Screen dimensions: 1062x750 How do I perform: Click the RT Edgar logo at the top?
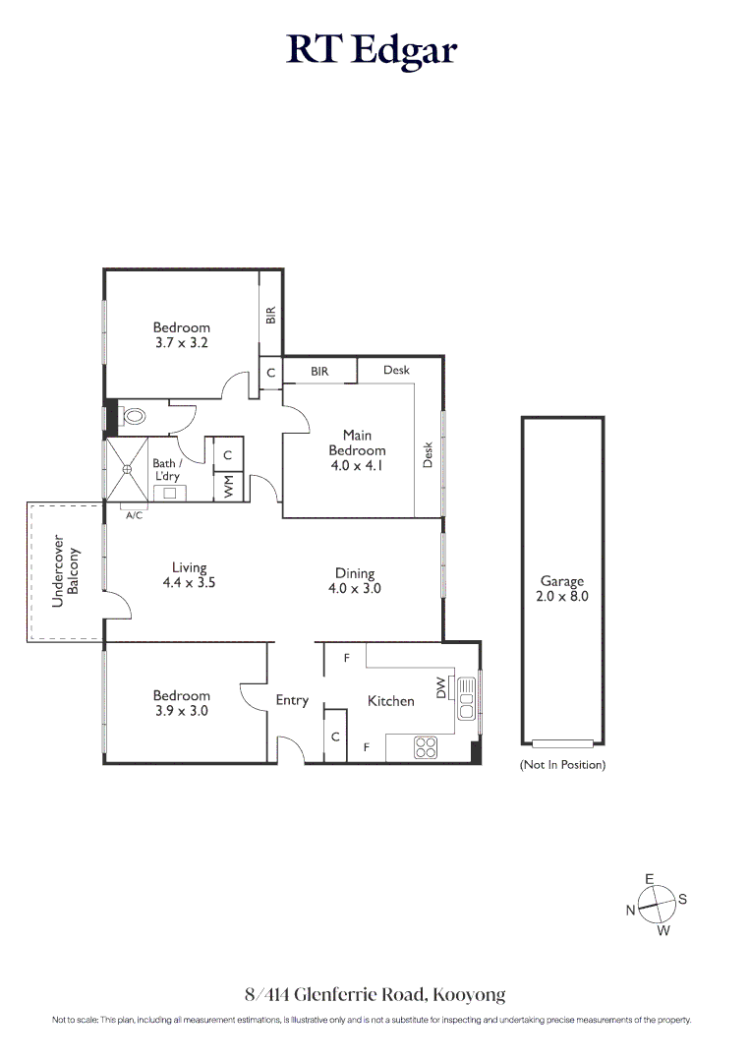373,49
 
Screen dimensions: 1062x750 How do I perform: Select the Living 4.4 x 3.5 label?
189,574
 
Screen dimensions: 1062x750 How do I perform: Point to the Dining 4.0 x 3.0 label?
354,580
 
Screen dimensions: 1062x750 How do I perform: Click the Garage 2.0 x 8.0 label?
562,588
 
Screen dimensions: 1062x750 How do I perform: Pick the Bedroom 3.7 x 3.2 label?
181,335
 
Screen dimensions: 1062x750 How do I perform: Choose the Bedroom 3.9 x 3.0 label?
181,703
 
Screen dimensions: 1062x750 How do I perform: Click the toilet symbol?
133,416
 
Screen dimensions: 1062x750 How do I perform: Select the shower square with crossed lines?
126,469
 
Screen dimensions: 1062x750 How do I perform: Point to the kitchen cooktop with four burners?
426,747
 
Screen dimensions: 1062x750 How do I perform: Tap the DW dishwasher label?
440,688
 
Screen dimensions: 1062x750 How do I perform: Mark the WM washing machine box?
228,486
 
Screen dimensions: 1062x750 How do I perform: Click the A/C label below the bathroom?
135,513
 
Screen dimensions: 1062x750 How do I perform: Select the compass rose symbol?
656,903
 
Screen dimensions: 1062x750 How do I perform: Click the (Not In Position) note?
562,764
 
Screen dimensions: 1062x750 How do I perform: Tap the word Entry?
292,700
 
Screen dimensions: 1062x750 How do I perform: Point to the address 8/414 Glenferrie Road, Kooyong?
375,994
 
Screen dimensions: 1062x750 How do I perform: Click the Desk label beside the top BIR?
396,370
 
